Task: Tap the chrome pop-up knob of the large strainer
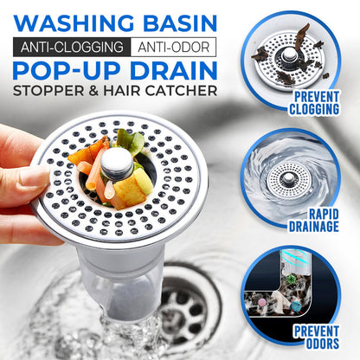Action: tap(117, 162)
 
